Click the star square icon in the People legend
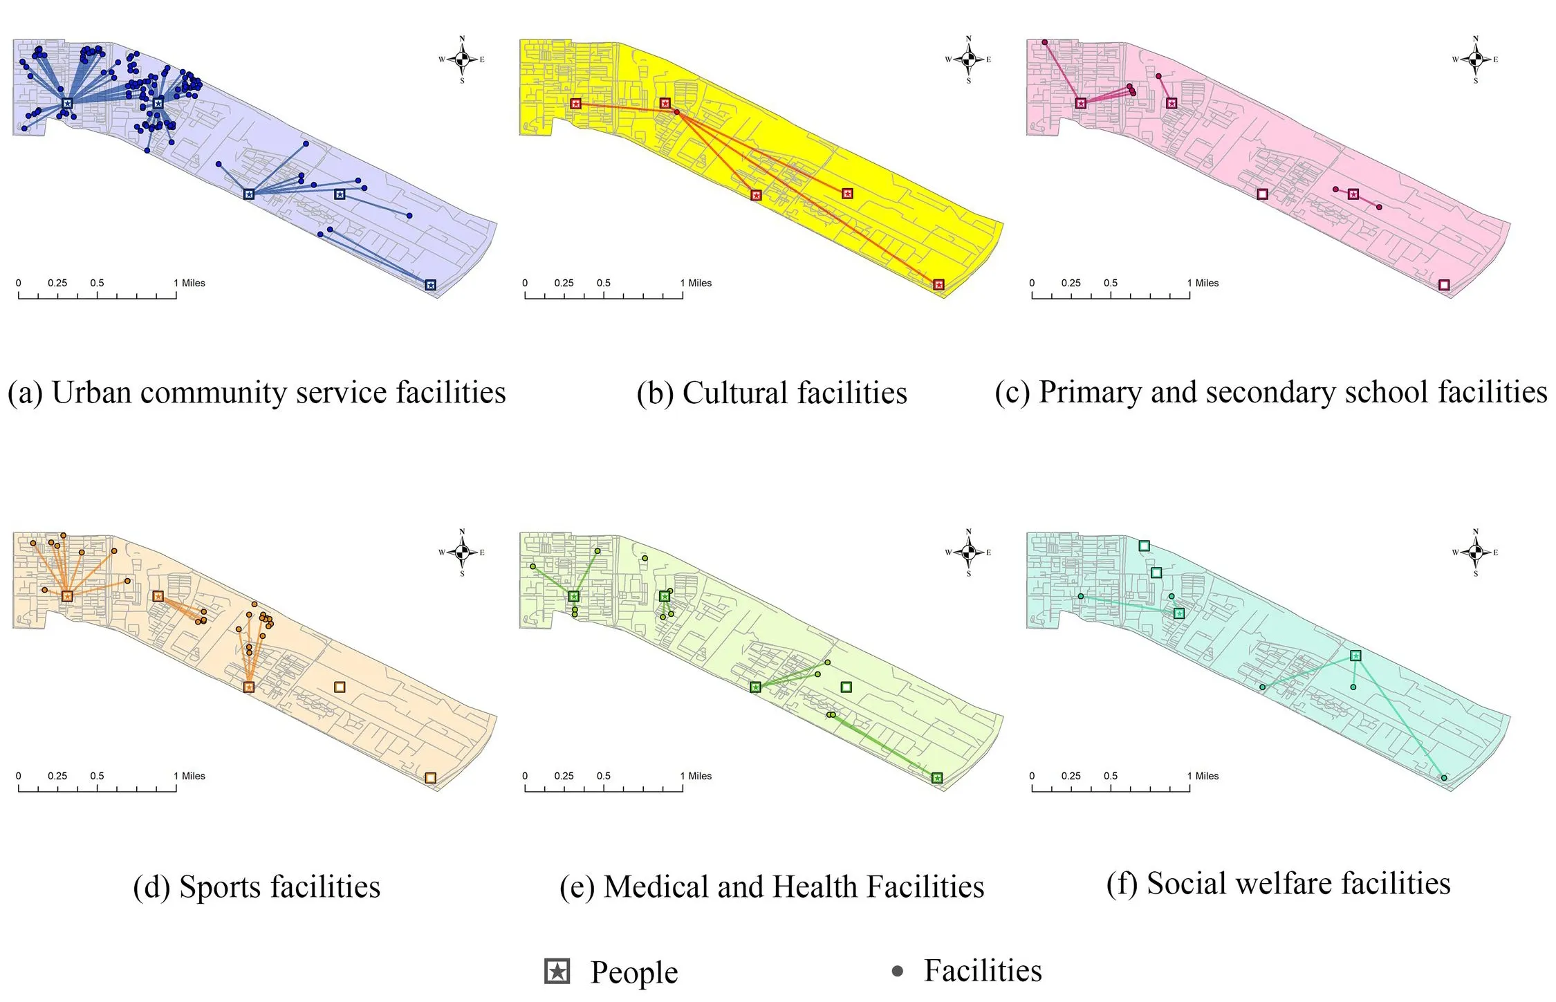(x=557, y=971)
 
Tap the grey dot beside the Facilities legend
(x=897, y=971)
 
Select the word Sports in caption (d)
(x=219, y=887)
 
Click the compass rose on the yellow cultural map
(x=968, y=59)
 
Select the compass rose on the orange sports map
(x=462, y=552)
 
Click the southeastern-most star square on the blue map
(x=430, y=285)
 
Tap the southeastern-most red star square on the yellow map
(x=938, y=285)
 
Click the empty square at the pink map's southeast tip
(x=1444, y=285)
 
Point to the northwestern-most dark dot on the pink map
(x=1044, y=42)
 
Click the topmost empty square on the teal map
(x=1144, y=546)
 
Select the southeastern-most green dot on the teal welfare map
(x=1444, y=778)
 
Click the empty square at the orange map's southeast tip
(x=430, y=778)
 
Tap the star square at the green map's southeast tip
(x=937, y=778)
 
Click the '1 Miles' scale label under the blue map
(x=189, y=283)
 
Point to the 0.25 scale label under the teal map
(x=1071, y=776)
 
